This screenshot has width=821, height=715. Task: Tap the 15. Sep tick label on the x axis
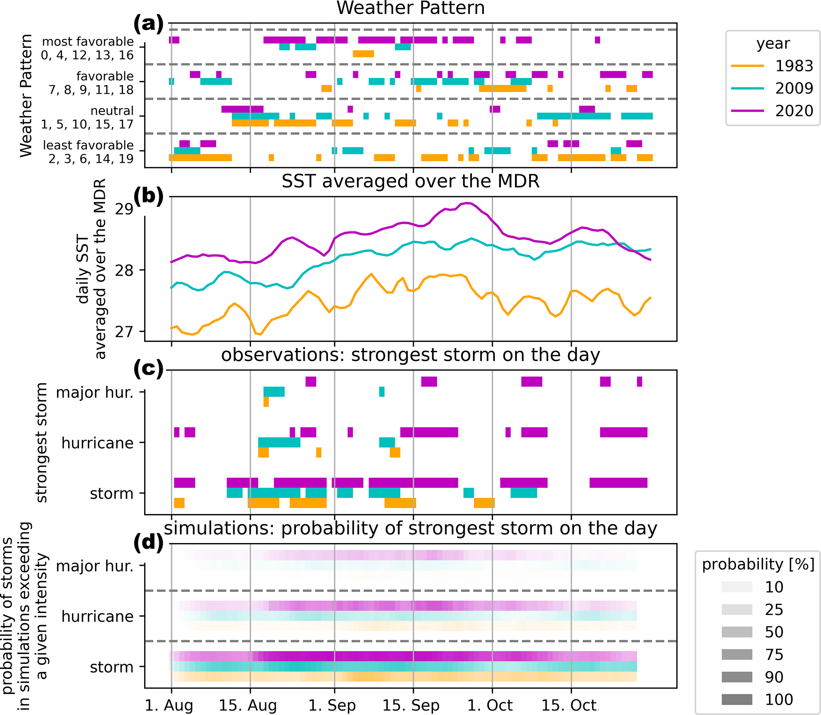tap(411, 705)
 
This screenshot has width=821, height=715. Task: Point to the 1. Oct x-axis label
tap(490, 705)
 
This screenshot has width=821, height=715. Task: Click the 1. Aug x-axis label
tap(169, 705)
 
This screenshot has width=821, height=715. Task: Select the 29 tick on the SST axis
tap(124, 209)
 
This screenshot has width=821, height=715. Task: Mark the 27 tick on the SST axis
tap(124, 332)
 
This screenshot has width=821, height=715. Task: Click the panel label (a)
tap(149, 24)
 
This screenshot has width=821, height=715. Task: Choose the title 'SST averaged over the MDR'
tap(410, 181)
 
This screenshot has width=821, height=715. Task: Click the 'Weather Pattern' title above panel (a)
tap(410, 8)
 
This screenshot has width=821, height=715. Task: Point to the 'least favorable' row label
tap(88, 145)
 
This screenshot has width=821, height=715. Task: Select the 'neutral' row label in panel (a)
tap(112, 110)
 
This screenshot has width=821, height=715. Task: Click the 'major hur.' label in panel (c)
tap(95, 393)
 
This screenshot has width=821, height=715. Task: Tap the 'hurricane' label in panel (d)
tap(97, 617)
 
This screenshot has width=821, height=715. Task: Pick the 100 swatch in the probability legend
tap(737, 700)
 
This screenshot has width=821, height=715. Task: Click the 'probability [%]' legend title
tap(758, 564)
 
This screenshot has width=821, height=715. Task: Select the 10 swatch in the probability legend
tap(737, 587)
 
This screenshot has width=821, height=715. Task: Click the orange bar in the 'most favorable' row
tap(363, 54)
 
